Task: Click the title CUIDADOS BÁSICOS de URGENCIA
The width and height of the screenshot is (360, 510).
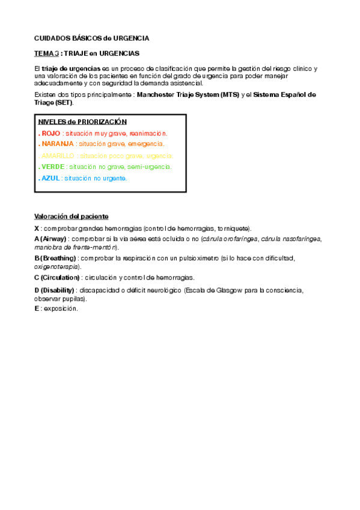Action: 91,38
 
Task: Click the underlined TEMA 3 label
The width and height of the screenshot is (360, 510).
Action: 46,54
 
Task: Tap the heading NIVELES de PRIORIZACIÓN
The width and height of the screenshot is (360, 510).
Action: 82,121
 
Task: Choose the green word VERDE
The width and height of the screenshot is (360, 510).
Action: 52,167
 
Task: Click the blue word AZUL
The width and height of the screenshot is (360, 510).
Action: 50,178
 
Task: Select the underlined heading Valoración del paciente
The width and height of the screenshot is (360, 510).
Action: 72,216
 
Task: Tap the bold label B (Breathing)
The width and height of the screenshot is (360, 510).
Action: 56,258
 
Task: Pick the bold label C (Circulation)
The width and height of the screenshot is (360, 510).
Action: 57,277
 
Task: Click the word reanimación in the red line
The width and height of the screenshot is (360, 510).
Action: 147,133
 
